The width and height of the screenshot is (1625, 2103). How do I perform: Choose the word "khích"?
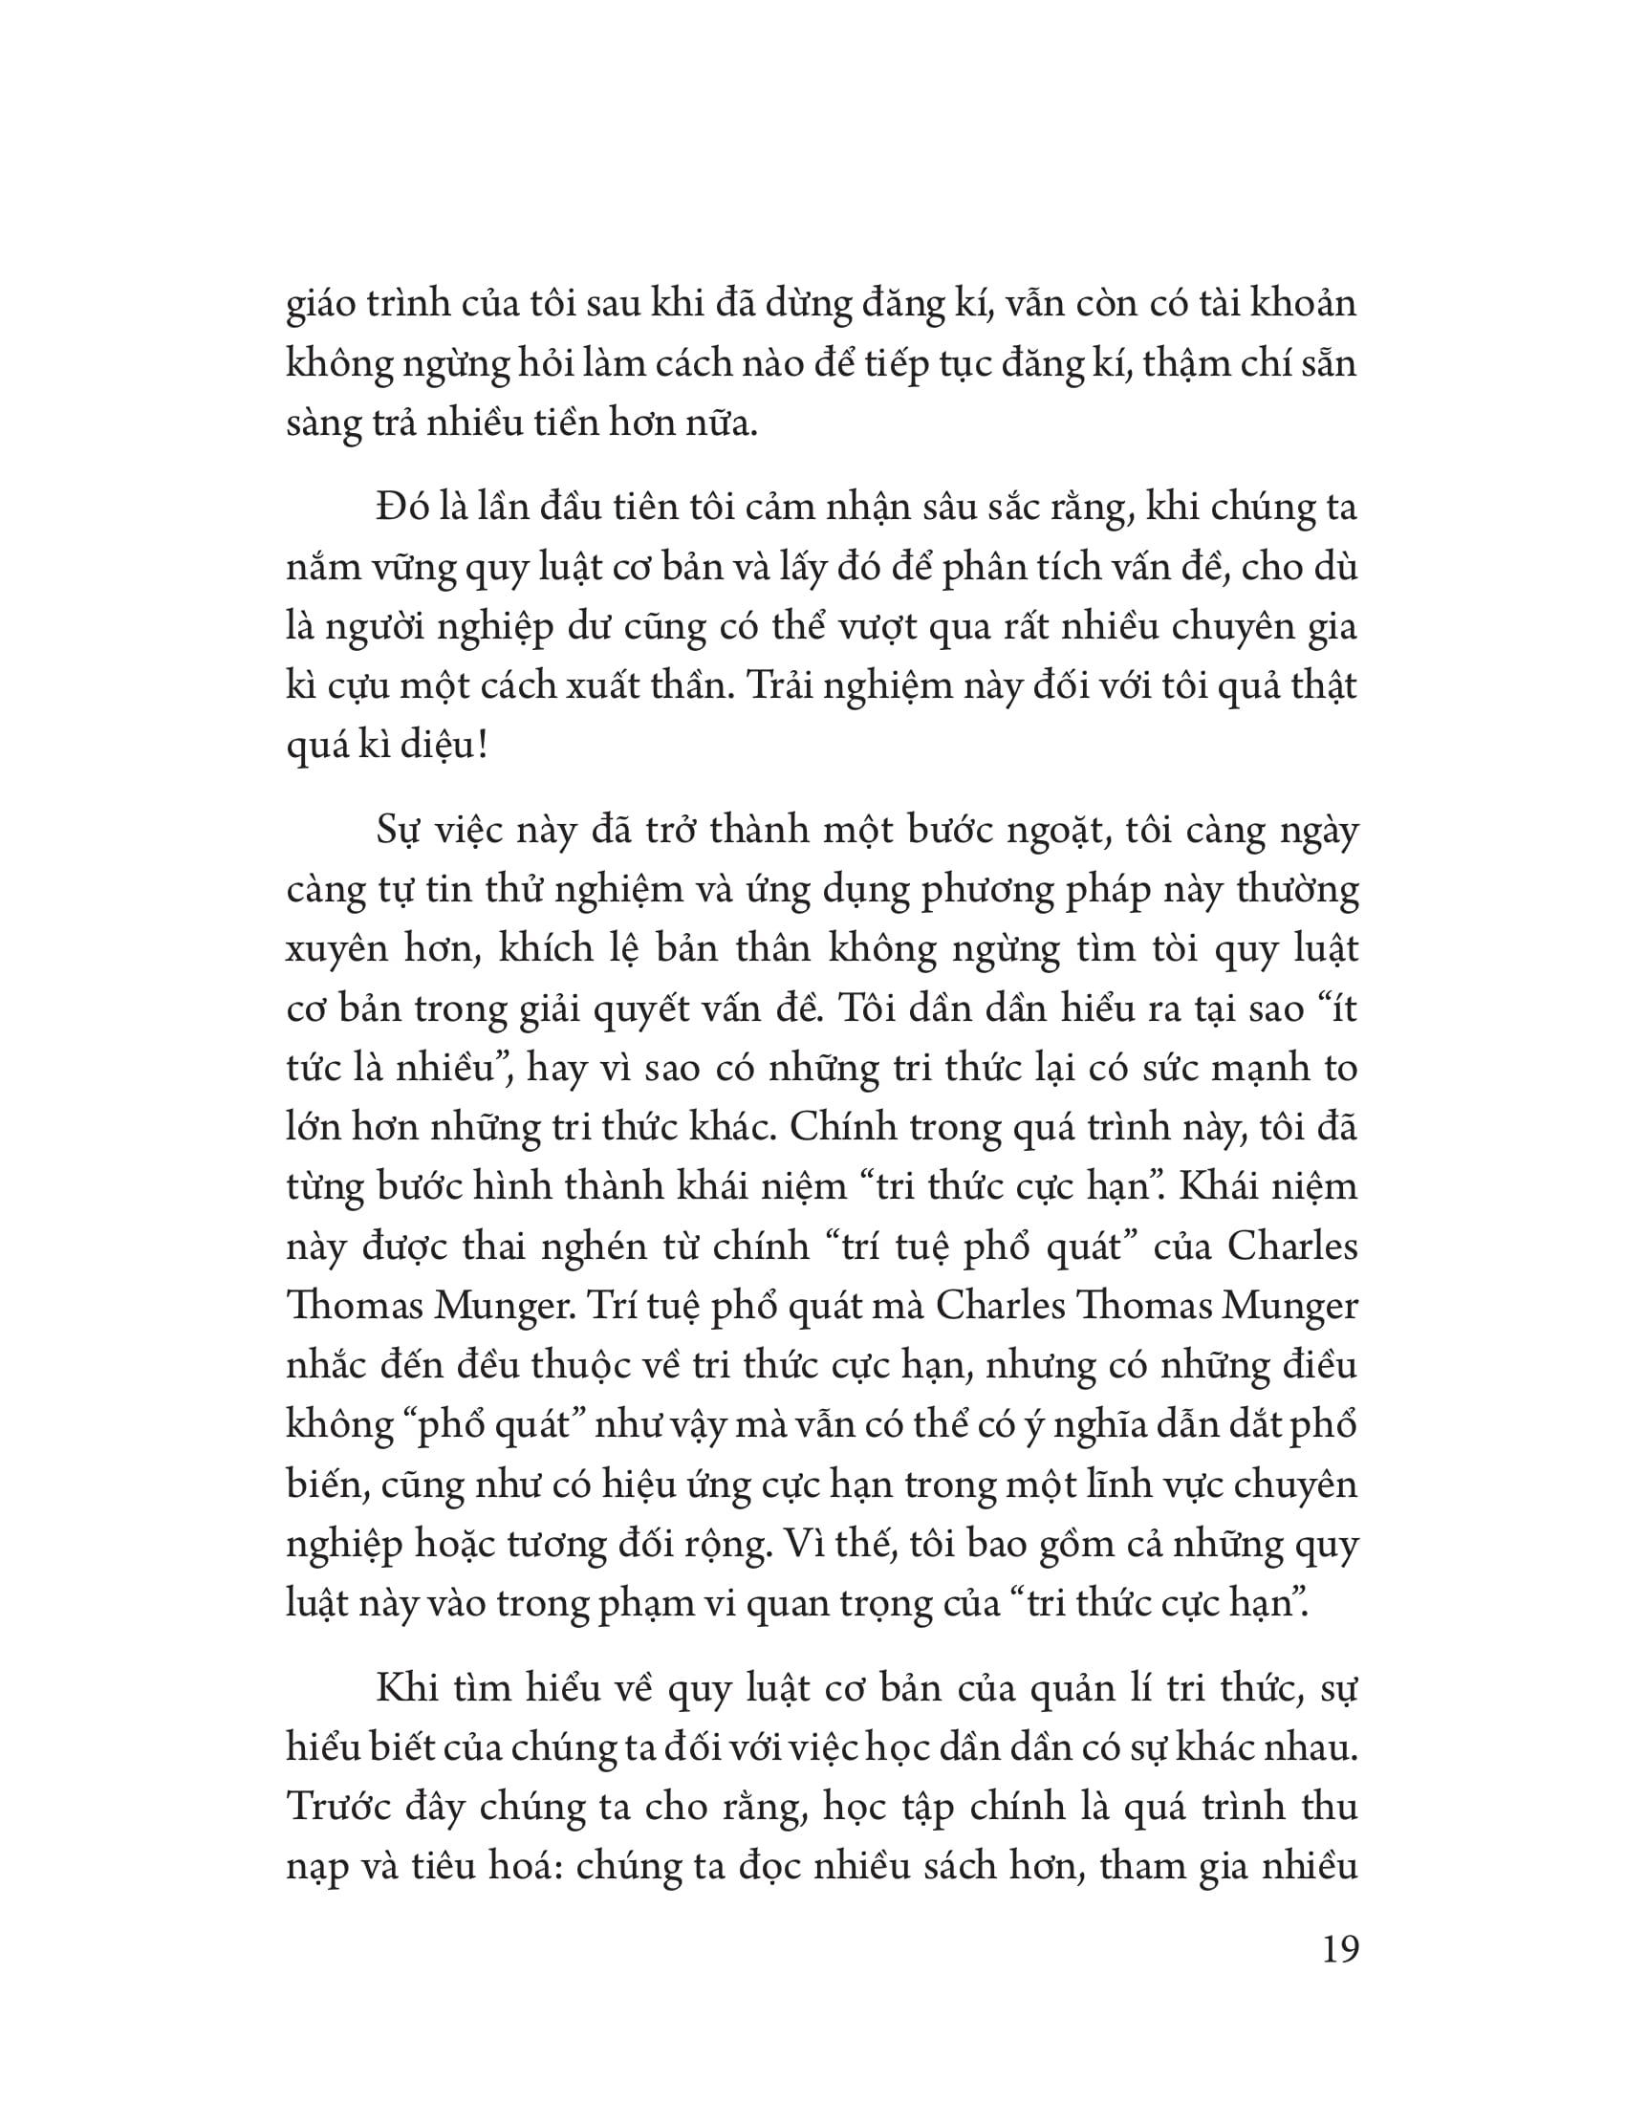(527, 949)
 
